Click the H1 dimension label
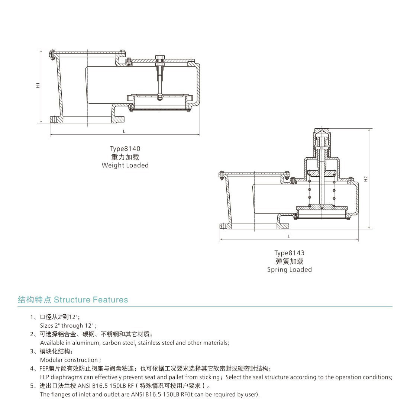pos(38,86)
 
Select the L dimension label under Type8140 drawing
pos(124,132)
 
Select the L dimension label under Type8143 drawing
pos(289,237)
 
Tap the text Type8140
pos(125,149)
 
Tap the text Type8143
pos(289,253)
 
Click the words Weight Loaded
pos(125,166)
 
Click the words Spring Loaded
pos(289,270)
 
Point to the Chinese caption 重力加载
pos(125,157)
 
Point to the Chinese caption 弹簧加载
pos(289,261)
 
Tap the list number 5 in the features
pos(32,386)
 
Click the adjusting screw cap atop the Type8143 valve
pos(322,132)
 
